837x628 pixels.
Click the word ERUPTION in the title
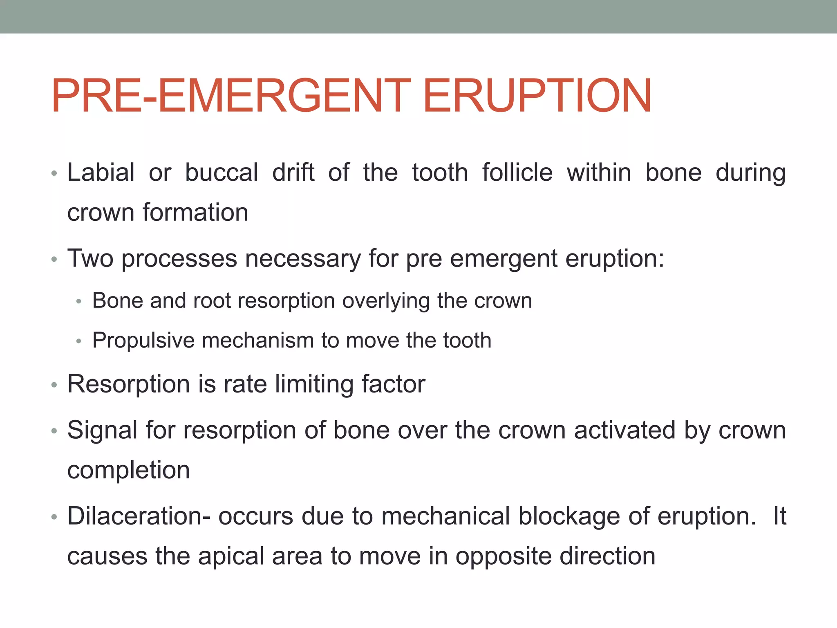537,96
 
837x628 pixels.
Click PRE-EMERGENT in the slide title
231,96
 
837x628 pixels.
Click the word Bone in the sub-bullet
117,301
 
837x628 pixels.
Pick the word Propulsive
143,341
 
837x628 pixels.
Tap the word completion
128,470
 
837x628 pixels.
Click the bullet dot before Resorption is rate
54,385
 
